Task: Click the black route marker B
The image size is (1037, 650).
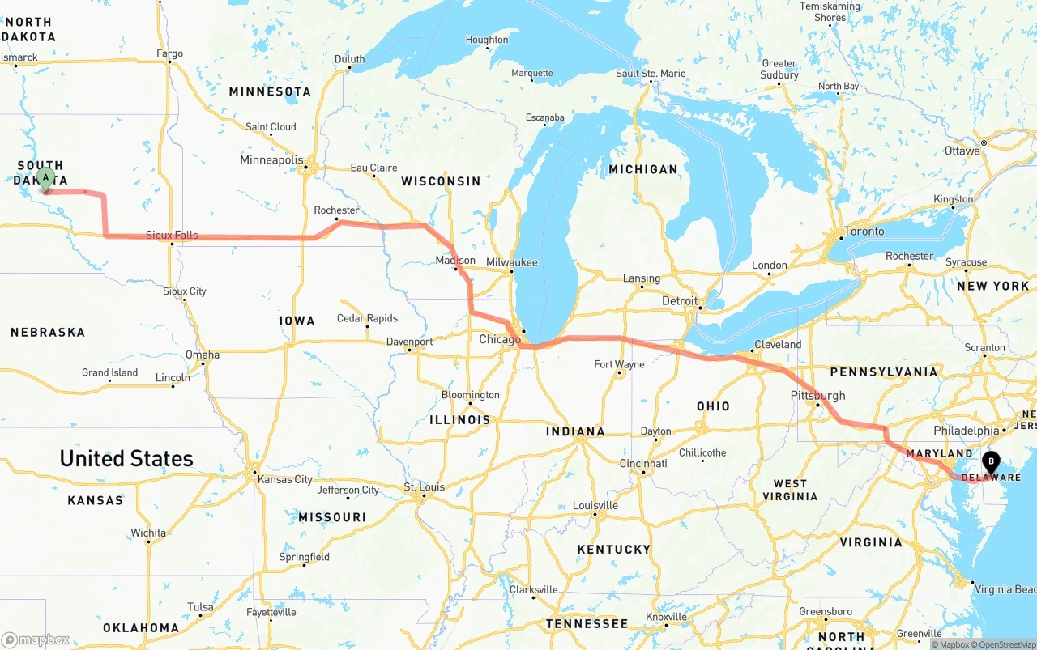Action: point(990,463)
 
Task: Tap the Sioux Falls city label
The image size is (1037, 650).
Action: point(172,236)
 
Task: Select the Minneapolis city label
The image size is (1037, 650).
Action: point(271,160)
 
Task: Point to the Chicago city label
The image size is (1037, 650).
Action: point(500,339)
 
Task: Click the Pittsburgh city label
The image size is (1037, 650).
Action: point(817,396)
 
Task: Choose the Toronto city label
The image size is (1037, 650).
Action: point(864,232)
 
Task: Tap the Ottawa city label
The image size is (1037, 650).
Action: point(962,151)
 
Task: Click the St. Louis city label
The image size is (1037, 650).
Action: point(425,487)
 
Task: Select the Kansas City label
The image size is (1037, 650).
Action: point(284,479)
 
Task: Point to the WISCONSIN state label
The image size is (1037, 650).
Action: point(441,181)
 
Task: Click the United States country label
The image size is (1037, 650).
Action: point(126,459)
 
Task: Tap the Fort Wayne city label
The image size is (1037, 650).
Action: point(619,364)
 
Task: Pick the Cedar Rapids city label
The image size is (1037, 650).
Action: point(367,318)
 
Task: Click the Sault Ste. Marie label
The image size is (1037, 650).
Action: point(651,74)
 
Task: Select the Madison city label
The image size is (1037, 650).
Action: point(455,261)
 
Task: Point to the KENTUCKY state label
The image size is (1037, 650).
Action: point(613,550)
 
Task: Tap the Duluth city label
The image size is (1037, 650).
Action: point(350,59)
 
